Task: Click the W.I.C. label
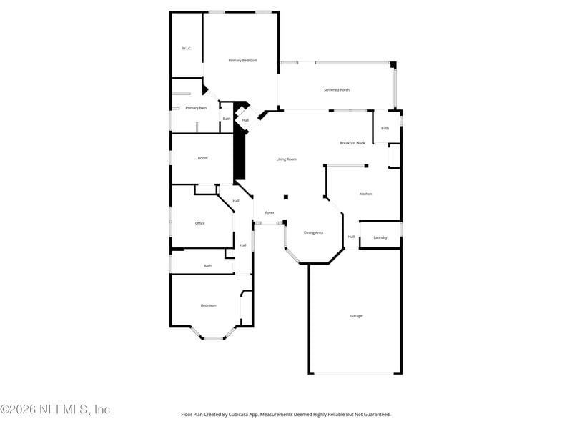point(187,48)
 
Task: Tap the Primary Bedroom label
point(242,60)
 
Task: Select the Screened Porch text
point(336,90)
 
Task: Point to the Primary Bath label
point(196,108)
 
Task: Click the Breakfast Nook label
point(352,143)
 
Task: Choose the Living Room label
point(286,159)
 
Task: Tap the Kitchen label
point(365,194)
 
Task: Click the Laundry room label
point(380,237)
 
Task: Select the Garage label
point(355,315)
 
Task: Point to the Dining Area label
point(313,232)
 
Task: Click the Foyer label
point(270,212)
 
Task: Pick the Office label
point(200,223)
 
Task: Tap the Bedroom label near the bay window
point(208,305)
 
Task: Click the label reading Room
point(202,158)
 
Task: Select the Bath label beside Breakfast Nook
point(385,128)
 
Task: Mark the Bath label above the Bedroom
point(207,265)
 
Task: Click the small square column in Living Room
point(285,197)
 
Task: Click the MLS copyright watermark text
point(55,410)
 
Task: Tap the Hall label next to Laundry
point(351,237)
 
